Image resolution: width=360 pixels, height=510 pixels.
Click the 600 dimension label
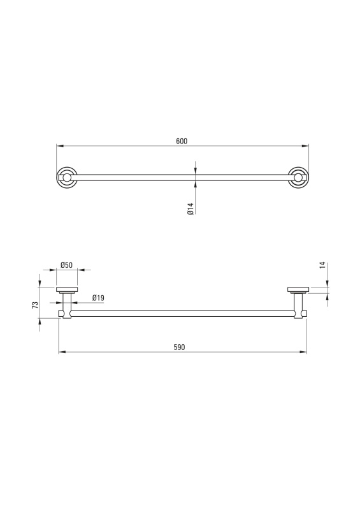tap(182, 141)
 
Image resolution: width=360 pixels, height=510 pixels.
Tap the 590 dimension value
tap(179, 347)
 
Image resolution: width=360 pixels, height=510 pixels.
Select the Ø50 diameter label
tap(66, 265)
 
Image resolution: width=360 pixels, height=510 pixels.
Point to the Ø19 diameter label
tap(98, 298)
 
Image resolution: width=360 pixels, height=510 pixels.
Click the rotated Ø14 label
tap(191, 208)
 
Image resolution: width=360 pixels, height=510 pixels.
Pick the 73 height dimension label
tap(35, 305)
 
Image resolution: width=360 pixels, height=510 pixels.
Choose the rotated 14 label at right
tap(322, 265)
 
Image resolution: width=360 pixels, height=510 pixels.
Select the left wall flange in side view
tap(67, 290)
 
